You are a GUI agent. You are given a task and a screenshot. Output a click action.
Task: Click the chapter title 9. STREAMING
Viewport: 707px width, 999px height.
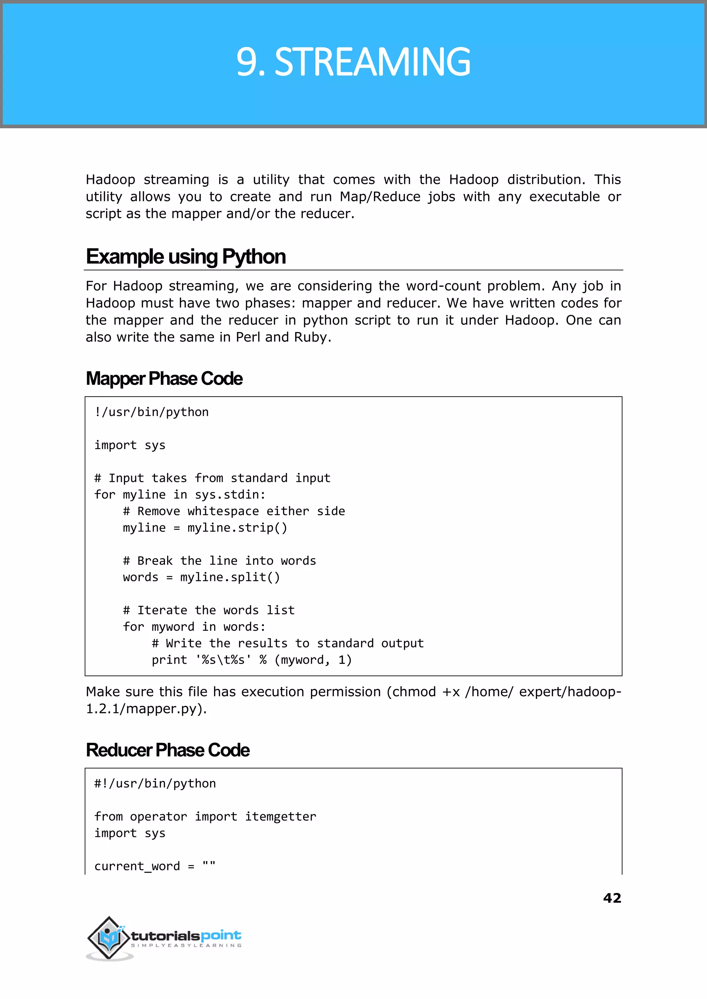click(353, 62)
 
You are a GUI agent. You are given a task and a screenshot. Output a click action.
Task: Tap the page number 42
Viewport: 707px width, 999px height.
click(612, 898)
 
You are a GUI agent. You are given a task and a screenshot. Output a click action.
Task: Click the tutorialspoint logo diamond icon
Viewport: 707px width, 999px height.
click(108, 937)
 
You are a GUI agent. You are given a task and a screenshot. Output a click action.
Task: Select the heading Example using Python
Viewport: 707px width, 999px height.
click(185, 257)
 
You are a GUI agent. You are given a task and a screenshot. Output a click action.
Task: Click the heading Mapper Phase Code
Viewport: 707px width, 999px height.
click(164, 379)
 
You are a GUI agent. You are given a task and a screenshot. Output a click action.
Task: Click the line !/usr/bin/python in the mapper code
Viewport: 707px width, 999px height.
click(152, 412)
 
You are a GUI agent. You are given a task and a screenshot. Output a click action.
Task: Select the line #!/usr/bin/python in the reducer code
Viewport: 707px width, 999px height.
click(155, 783)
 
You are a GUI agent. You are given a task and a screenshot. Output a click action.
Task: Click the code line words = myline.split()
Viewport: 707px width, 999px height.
click(201, 577)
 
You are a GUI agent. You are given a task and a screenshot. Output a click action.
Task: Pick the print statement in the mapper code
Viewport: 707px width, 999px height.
click(251, 660)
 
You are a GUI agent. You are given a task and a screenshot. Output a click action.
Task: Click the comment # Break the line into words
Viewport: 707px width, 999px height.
click(220, 561)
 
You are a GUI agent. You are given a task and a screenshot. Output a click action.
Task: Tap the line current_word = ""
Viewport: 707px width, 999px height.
click(155, 866)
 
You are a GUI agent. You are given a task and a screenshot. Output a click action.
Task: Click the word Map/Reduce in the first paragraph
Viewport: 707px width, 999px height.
click(380, 197)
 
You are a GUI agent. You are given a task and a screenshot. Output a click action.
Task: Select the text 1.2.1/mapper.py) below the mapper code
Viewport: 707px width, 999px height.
click(145, 709)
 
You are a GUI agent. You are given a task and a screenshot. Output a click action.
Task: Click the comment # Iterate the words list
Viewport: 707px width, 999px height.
click(209, 610)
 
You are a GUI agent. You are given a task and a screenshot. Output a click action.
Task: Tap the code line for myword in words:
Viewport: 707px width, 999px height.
click(194, 627)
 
